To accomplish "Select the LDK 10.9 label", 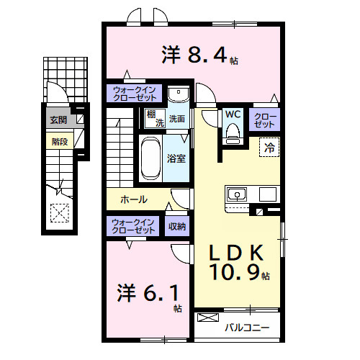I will click(x=238, y=262).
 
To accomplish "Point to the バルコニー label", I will click(x=246, y=327).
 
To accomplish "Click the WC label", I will click(x=232, y=114).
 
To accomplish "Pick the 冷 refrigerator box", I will click(x=269, y=148).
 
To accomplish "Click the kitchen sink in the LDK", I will click(x=237, y=194).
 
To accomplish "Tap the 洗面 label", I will click(x=177, y=119).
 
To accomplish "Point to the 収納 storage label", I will click(x=177, y=226).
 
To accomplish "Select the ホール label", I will click(x=134, y=199).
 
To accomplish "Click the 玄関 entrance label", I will click(x=58, y=120).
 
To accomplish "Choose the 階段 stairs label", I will click(x=59, y=141).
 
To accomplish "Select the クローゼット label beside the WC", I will click(x=265, y=120).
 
